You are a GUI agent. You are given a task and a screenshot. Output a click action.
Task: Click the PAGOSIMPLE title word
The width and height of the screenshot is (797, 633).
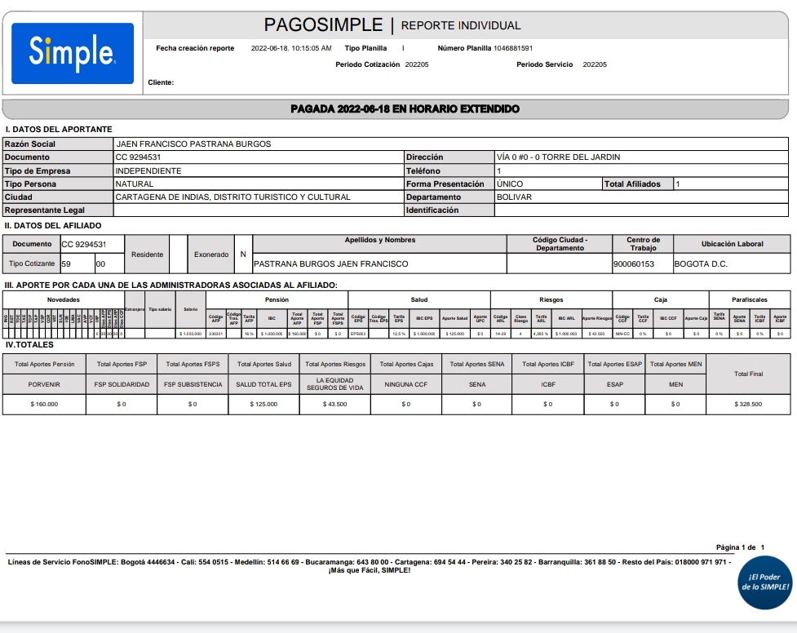point(323,24)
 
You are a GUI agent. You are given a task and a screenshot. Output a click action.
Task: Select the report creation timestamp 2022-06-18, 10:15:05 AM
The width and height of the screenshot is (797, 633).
point(291,48)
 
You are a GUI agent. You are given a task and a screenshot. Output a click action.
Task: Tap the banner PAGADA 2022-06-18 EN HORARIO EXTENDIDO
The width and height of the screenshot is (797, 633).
point(405,108)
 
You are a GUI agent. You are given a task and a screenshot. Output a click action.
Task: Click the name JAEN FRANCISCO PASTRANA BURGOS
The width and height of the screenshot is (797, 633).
point(193,144)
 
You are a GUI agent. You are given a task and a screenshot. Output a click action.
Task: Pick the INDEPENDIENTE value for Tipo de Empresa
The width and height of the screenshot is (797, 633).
point(148,171)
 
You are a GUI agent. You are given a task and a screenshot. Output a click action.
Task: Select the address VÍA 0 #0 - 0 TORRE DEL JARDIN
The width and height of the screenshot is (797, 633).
point(558,157)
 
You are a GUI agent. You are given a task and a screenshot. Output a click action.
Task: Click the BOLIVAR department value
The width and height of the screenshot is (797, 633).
point(514,197)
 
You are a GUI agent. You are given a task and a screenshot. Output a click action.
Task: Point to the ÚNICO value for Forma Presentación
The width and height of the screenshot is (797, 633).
point(510,184)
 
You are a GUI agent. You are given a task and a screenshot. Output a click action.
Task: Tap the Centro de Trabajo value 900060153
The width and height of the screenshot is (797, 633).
point(634,264)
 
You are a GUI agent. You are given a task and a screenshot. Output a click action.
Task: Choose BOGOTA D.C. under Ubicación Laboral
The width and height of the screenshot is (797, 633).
point(701,264)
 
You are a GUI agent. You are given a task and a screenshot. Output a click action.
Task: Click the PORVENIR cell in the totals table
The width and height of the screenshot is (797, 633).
point(45,384)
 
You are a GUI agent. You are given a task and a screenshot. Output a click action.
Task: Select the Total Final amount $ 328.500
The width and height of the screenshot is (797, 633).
point(747,404)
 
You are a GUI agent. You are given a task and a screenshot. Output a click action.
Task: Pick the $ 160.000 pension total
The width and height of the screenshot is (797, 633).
point(45,404)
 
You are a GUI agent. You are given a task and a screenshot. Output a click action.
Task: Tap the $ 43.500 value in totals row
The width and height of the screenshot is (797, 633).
point(334,404)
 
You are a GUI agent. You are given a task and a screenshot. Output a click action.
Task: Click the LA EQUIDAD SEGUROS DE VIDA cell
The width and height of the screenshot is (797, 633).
point(334,383)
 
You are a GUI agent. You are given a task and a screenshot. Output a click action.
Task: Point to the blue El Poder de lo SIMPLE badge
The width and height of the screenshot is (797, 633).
point(764,582)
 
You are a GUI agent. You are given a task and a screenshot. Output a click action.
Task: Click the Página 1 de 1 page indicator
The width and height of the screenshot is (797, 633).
point(740,547)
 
